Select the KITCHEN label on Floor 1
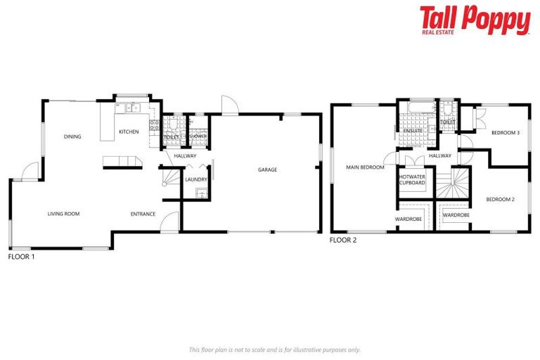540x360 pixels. [x=129, y=131]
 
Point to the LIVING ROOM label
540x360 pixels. [x=63, y=214]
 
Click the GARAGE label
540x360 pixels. [x=267, y=169]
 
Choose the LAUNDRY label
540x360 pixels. [x=196, y=179]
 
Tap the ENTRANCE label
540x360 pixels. [x=143, y=214]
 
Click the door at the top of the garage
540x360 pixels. [x=229, y=105]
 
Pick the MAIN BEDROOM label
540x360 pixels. [x=365, y=167]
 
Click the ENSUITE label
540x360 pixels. [x=413, y=131]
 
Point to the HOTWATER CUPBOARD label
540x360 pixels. [x=412, y=180]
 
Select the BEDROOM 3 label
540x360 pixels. [x=505, y=133]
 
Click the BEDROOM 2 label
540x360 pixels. [x=501, y=200]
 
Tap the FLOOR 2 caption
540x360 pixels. [x=343, y=240]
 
